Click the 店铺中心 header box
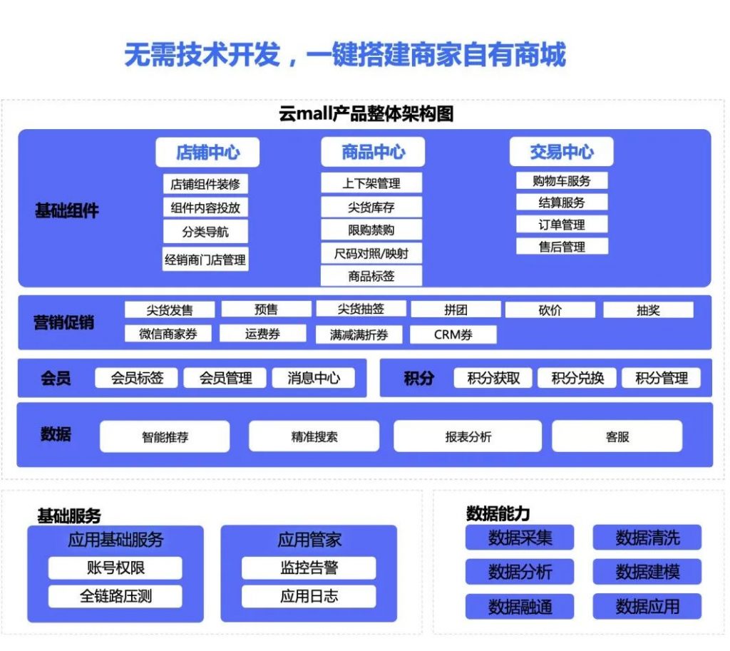coord(207,153)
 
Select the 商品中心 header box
coord(373,152)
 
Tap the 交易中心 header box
coord(562,151)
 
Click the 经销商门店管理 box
coord(205,260)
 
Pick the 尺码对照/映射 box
coord(371,253)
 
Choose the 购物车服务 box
coord(562,180)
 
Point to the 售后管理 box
coord(562,246)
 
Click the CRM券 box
coord(453,334)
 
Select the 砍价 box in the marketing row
coord(550,310)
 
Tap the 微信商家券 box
coord(168,334)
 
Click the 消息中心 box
coord(314,378)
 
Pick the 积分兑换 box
coord(577,378)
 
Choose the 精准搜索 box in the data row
coord(314,436)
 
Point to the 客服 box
coord(617,436)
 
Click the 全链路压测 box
coord(115,596)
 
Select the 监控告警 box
coord(309,568)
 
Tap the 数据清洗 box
coord(647,538)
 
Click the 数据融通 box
coord(520,606)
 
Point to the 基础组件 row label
coord(67,210)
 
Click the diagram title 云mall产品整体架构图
coord(366,113)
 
